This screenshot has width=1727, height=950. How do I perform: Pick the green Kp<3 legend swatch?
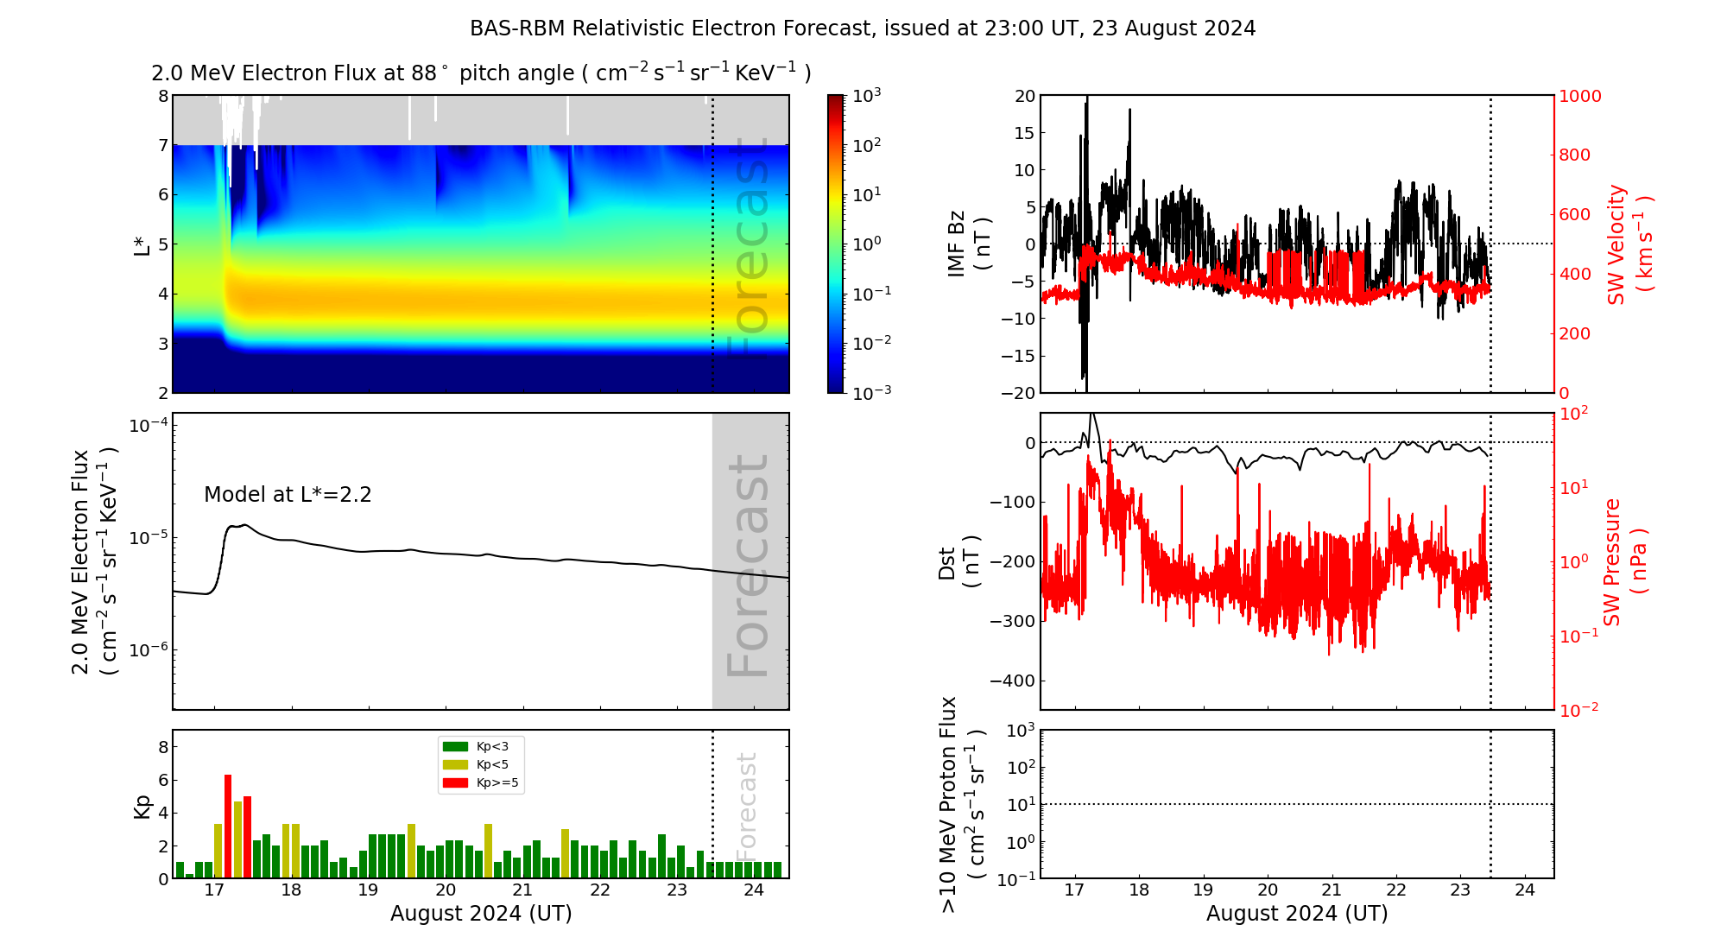(455, 746)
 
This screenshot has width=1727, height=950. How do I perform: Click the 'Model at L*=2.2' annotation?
(288, 495)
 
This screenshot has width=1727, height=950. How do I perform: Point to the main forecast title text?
(862, 28)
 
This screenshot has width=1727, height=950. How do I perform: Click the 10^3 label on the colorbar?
(866, 96)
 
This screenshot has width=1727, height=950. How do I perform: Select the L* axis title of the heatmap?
(142, 244)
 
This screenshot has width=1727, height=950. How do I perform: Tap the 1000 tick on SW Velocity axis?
(1579, 96)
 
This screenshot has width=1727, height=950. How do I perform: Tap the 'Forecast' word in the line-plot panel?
(749, 566)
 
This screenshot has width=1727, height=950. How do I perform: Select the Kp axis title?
(142, 806)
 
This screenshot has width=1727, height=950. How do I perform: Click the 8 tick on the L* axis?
(163, 96)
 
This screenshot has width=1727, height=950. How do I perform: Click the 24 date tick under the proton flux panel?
(1524, 890)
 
